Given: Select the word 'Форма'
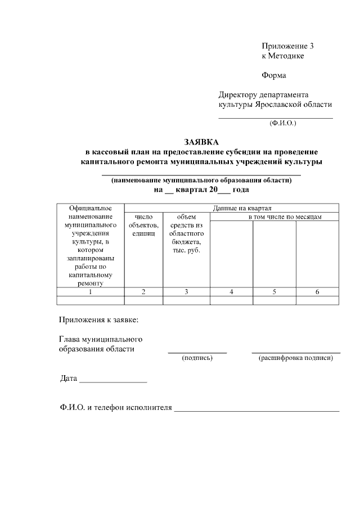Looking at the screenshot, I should [x=274, y=75].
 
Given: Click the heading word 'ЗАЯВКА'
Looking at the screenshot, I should [x=201, y=142].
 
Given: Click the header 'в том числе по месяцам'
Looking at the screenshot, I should [x=285, y=217].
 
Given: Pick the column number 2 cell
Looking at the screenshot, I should [x=143, y=291].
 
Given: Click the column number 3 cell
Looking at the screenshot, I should [x=186, y=291].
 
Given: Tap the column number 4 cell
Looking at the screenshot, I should [x=231, y=291].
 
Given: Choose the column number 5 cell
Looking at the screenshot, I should [x=274, y=291].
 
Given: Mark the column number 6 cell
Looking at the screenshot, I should [x=317, y=291].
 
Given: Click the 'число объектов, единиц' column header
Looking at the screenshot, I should [x=143, y=225].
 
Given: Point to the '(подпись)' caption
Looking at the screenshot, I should [x=197, y=358].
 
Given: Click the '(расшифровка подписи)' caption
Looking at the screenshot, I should [x=296, y=358].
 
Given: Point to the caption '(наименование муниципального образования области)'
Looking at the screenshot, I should [x=201, y=181].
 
